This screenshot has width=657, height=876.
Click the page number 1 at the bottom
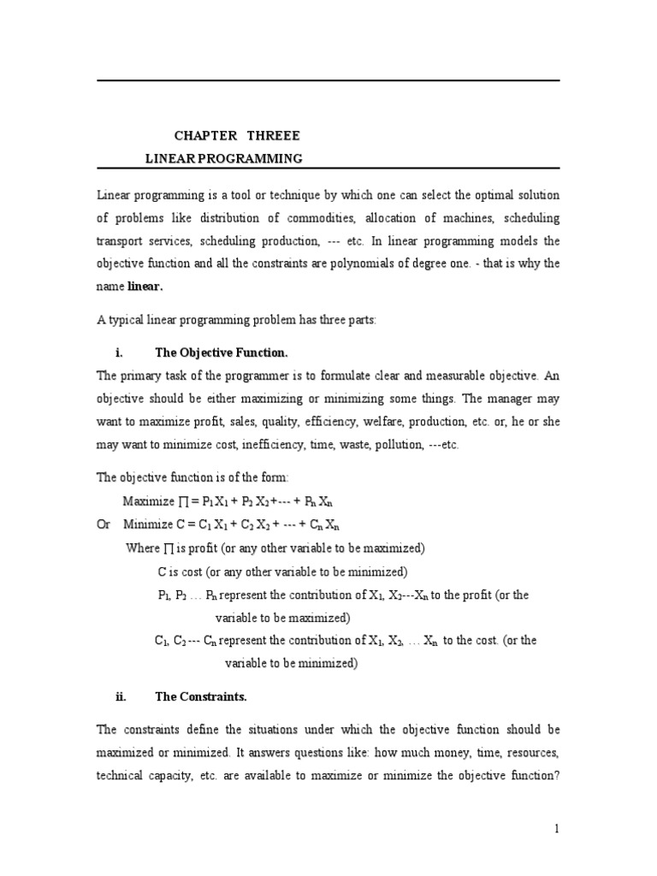click(x=556, y=829)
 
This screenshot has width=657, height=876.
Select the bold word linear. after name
click(x=145, y=286)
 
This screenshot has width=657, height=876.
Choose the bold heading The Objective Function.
click(x=215, y=352)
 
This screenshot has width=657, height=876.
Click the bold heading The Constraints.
click(x=200, y=696)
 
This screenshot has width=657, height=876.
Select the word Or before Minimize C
click(x=104, y=524)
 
